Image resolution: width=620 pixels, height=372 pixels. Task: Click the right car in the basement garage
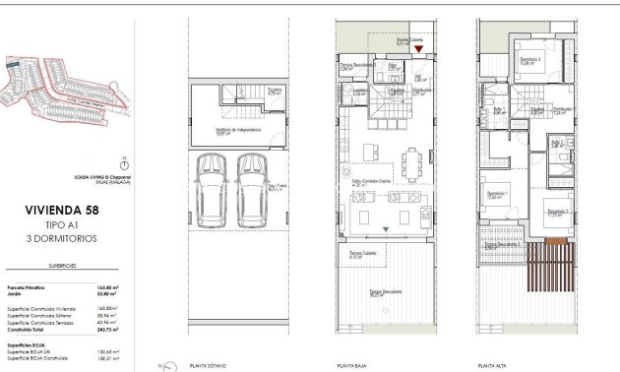pyautogui.click(x=250, y=189)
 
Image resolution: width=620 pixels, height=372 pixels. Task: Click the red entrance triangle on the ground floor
pyautogui.click(x=418, y=48)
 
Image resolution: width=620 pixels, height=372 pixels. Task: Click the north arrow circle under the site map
pyautogui.click(x=121, y=165)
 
